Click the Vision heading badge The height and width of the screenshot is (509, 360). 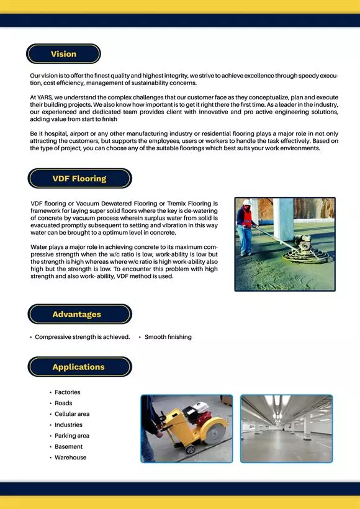(x=63, y=54)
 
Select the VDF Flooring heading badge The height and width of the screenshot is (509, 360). (x=79, y=179)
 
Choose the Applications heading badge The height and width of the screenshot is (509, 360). (x=79, y=367)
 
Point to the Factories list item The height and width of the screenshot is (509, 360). (x=67, y=392)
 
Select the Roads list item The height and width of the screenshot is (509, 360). (x=63, y=403)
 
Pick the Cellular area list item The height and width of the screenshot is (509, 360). (x=72, y=414)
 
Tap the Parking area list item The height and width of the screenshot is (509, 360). (x=72, y=436)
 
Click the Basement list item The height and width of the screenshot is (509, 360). (x=68, y=447)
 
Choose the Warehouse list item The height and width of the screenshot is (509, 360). (x=71, y=457)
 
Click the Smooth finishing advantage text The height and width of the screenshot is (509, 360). (x=168, y=337)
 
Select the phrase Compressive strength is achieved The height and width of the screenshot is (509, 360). (x=82, y=337)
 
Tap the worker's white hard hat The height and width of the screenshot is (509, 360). (x=246, y=202)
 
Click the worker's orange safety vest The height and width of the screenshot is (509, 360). (x=247, y=217)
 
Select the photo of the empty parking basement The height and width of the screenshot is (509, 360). (x=286, y=429)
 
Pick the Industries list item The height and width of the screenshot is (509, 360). (x=68, y=425)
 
